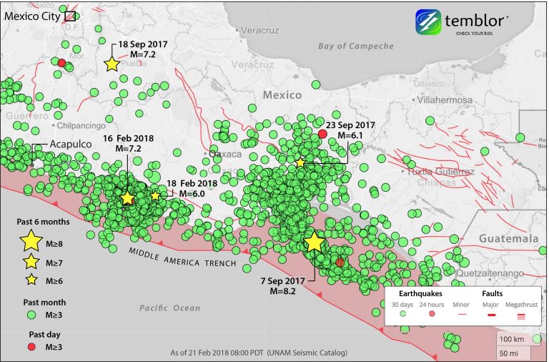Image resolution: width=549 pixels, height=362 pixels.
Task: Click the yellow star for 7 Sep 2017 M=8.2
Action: click(x=315, y=242)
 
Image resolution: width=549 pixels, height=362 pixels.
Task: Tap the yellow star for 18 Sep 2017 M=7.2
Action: click(x=112, y=64)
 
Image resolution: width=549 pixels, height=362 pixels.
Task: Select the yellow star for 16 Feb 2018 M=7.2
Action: click(x=127, y=198)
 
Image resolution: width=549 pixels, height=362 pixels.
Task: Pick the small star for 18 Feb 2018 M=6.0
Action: click(x=155, y=195)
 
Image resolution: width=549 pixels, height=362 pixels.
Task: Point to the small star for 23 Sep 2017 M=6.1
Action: click(x=300, y=163)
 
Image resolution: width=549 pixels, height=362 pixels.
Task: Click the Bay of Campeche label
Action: click(x=356, y=46)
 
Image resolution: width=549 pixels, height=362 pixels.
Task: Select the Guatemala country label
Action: click(x=508, y=238)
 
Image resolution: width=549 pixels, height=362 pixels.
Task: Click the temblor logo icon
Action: click(x=428, y=22)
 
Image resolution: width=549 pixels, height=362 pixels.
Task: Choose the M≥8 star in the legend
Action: click(x=32, y=241)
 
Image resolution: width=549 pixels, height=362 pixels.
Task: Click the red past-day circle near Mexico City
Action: click(x=62, y=63)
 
